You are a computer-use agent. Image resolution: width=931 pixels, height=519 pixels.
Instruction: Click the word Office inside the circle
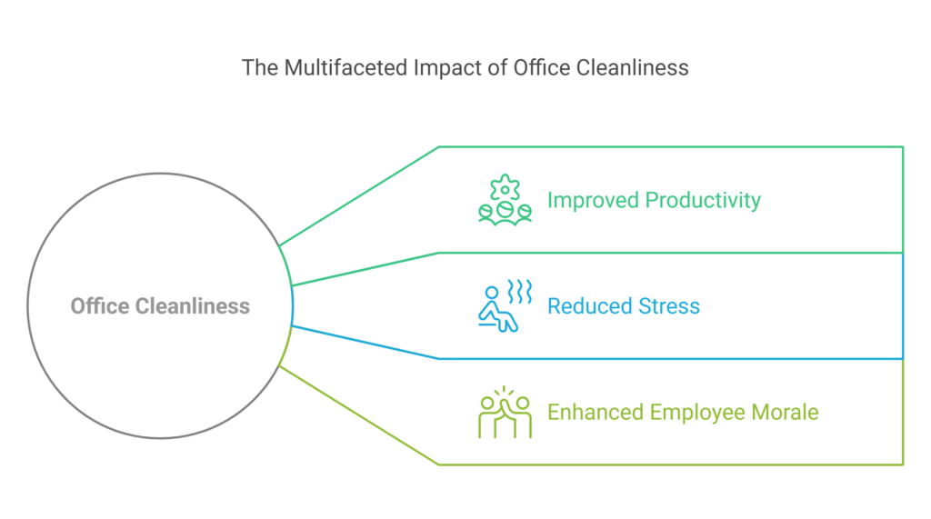(x=100, y=305)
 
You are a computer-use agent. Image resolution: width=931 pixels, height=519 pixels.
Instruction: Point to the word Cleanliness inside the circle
(x=193, y=305)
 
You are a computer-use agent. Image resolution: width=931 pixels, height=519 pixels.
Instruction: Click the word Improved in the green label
(x=594, y=201)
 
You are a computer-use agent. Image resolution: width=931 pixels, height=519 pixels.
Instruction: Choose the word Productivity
(x=703, y=201)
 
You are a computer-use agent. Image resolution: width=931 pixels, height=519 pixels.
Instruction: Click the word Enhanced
(x=596, y=412)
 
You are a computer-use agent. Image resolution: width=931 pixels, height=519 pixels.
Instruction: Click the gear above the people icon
(x=505, y=188)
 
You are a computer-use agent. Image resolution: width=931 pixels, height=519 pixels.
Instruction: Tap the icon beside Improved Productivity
(x=505, y=200)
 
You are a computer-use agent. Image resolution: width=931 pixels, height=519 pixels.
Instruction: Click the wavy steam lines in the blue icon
(x=519, y=292)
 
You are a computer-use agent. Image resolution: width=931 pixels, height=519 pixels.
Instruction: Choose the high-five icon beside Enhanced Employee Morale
(x=505, y=412)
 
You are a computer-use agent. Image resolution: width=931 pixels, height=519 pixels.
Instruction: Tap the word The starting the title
(x=260, y=67)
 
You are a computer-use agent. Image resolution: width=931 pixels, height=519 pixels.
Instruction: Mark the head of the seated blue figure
(x=492, y=293)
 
